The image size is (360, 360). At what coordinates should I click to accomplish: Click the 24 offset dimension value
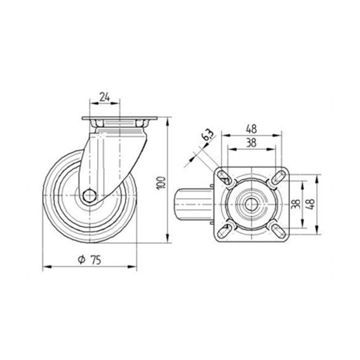coord(105,97)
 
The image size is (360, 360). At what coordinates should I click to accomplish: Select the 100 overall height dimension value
coord(161,183)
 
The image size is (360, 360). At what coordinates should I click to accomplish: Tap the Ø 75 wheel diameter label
coord(90,260)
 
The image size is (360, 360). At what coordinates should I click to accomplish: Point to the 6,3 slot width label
coord(208,135)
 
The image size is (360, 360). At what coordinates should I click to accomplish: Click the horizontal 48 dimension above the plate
coord(251,129)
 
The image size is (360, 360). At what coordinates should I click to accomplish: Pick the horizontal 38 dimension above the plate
coord(251,143)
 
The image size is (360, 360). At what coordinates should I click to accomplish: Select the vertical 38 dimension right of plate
coord(296,204)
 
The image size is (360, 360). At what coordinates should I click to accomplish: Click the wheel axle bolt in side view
coord(90,196)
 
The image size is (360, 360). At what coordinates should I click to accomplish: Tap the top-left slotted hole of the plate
coord(224,177)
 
